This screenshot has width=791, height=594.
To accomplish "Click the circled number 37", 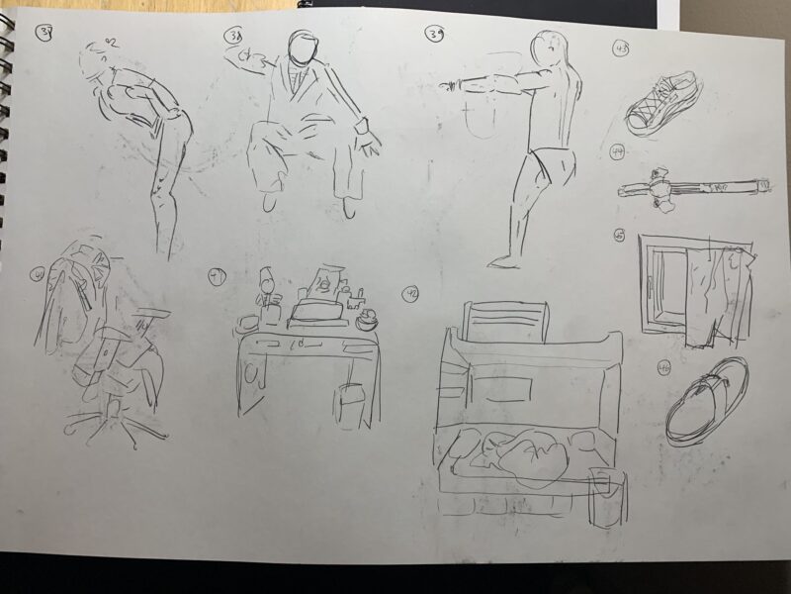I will coord(44,34).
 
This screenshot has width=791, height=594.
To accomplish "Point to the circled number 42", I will coord(410,294).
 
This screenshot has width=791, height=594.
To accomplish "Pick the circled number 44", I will coord(619,151).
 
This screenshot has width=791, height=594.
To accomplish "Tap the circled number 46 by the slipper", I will coord(663,368).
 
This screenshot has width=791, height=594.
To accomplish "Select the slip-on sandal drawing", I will coord(705,401).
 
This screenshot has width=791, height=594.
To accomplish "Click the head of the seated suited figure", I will coord(304,48).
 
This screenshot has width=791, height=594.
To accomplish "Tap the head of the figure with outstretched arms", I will coord(550,49).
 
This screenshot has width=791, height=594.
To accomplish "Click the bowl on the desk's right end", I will coord(368,319).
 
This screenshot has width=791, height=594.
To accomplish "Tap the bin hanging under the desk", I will coord(349,403).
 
